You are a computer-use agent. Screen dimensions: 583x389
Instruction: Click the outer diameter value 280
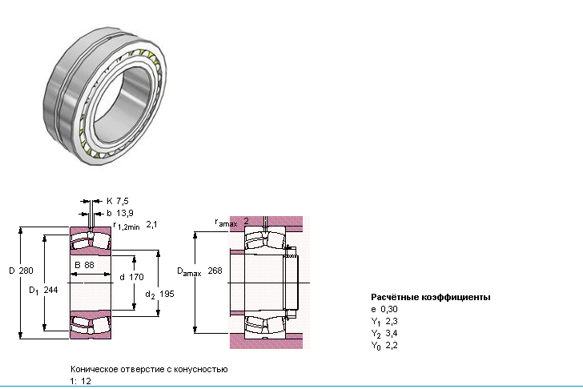26,271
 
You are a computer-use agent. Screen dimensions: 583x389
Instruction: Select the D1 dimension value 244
50,290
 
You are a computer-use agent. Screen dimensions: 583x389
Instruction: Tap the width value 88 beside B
89,265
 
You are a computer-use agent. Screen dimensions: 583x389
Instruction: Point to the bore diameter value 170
136,277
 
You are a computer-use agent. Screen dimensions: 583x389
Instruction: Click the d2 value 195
167,294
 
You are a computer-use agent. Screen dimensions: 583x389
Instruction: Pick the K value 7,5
123,201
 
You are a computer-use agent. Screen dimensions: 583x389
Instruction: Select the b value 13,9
125,213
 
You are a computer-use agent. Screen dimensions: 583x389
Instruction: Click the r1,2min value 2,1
151,224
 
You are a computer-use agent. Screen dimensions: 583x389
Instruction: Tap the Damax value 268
215,271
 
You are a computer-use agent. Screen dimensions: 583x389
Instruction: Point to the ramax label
226,223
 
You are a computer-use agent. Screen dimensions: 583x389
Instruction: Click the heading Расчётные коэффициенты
431,297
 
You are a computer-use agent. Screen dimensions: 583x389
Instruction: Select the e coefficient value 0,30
389,309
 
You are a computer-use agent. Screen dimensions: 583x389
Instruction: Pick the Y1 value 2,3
392,321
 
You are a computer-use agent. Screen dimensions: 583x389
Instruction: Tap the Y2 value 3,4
392,333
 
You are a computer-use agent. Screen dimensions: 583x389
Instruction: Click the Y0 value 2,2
392,345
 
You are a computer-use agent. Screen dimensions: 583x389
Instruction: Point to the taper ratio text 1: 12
80,381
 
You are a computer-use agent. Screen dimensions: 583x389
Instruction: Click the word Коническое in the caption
91,369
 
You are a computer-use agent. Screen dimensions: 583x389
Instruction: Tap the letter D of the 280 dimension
12,271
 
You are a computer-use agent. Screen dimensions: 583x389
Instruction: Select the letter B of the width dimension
78,265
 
